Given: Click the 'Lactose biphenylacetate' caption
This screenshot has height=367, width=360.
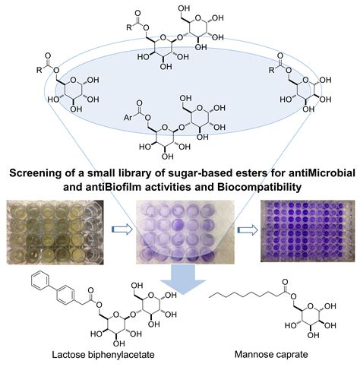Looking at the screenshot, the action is pyautogui.click(x=103, y=355).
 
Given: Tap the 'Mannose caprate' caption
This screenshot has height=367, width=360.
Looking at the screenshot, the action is pyautogui.click(x=271, y=354).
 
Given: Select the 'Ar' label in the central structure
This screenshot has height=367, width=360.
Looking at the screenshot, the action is pyautogui.click(x=128, y=118).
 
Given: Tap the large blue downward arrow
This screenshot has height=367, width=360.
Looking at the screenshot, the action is pyautogui.click(x=183, y=280).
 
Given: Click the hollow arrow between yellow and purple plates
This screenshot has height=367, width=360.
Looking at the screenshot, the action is pyautogui.click(x=122, y=229).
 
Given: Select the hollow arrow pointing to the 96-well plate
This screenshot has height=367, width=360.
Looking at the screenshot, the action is pyautogui.click(x=248, y=230).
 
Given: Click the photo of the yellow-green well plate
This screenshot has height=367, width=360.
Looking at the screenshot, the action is pyautogui.click(x=55, y=233).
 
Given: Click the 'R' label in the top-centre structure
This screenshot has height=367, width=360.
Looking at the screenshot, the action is pyautogui.click(x=129, y=27).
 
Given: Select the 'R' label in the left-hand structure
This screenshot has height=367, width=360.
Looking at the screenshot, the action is pyautogui.click(x=39, y=70).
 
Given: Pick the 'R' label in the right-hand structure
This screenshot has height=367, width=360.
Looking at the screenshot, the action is pyautogui.click(x=272, y=70).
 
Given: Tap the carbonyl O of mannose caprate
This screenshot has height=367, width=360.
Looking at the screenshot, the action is pyautogui.click(x=286, y=282).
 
